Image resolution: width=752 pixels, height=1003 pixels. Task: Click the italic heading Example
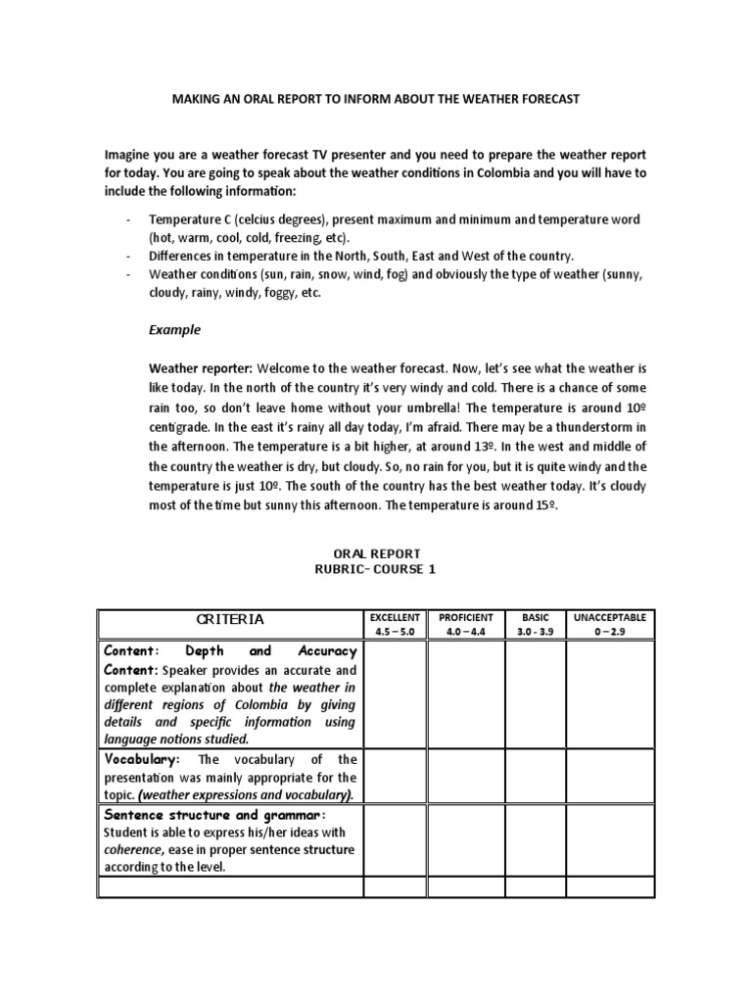(174, 330)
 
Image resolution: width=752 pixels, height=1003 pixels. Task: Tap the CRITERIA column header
(230, 619)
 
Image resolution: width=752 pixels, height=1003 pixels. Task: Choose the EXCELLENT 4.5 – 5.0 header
(395, 625)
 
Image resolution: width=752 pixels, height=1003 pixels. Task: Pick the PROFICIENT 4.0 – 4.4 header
(465, 625)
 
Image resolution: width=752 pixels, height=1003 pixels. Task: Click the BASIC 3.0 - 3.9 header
(536, 625)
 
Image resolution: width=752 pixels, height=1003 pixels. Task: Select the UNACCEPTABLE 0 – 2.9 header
(611, 625)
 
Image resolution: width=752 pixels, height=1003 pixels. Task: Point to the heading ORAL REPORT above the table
(376, 553)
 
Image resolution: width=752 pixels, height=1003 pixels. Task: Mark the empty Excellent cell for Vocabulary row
(395, 776)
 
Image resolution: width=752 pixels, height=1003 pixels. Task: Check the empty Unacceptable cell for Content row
(611, 693)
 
